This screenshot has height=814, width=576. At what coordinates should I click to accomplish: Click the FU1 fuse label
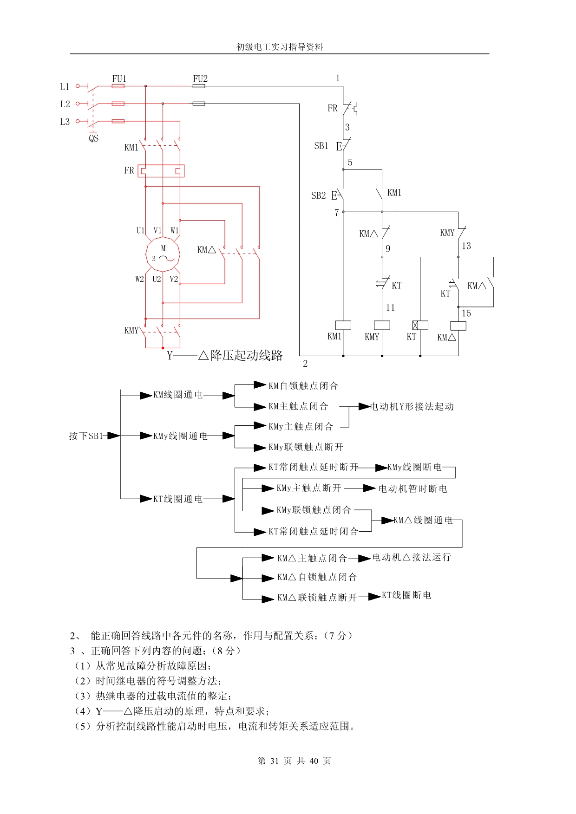click(x=119, y=78)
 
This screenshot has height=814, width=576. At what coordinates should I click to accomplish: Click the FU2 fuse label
click(x=200, y=78)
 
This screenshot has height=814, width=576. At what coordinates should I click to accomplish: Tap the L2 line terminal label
click(x=65, y=104)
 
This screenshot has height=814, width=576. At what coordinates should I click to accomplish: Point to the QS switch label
click(x=94, y=138)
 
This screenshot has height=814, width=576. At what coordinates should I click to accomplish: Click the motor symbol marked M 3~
click(x=163, y=254)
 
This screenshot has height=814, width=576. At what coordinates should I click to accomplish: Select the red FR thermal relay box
click(x=161, y=171)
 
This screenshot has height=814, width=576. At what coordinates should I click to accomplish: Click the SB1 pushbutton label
click(x=321, y=146)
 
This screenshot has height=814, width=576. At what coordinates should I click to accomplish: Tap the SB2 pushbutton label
click(x=318, y=195)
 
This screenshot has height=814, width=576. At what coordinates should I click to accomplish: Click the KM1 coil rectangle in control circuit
click(x=343, y=325)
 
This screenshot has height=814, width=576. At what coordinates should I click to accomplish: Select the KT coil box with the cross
click(x=420, y=325)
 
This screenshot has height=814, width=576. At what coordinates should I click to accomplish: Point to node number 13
click(x=466, y=246)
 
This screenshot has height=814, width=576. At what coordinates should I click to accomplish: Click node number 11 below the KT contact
click(x=390, y=308)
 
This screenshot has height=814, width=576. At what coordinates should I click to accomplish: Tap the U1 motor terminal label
click(x=140, y=230)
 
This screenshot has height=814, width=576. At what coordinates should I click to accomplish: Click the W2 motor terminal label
click(x=139, y=279)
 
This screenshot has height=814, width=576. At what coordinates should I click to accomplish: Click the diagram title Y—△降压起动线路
click(x=225, y=356)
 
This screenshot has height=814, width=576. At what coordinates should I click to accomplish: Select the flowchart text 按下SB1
click(x=85, y=436)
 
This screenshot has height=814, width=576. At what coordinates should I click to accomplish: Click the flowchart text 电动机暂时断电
click(x=412, y=488)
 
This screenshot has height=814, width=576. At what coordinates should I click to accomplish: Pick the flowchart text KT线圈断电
click(x=406, y=595)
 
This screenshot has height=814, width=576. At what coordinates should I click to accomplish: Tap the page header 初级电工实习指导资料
click(x=280, y=47)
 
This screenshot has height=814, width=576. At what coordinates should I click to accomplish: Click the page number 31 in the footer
click(x=274, y=761)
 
